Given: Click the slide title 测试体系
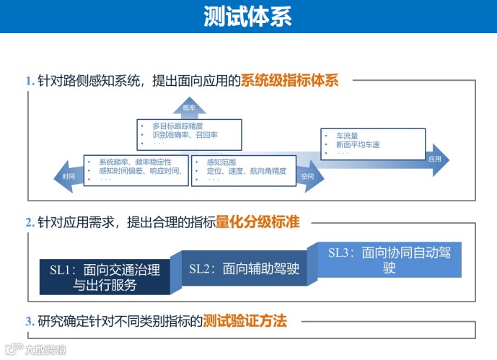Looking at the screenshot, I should pos(248,16).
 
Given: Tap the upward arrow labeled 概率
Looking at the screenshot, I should pos(189,107).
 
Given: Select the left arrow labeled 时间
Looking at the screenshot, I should pos(68,176).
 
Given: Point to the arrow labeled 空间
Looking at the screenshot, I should pos(308,176).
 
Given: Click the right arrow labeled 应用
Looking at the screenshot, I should pos(434,158).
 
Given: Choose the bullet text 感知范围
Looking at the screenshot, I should pos(221,162).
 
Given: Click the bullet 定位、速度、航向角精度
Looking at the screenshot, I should pos(246,171).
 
